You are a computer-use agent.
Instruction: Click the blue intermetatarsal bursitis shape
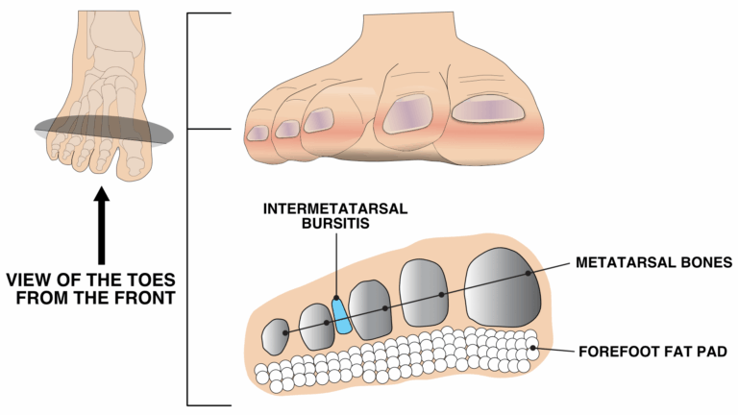[x=341, y=316]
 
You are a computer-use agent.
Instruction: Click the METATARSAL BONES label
[x=655, y=261]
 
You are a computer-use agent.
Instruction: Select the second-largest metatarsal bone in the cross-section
[x=424, y=293]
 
